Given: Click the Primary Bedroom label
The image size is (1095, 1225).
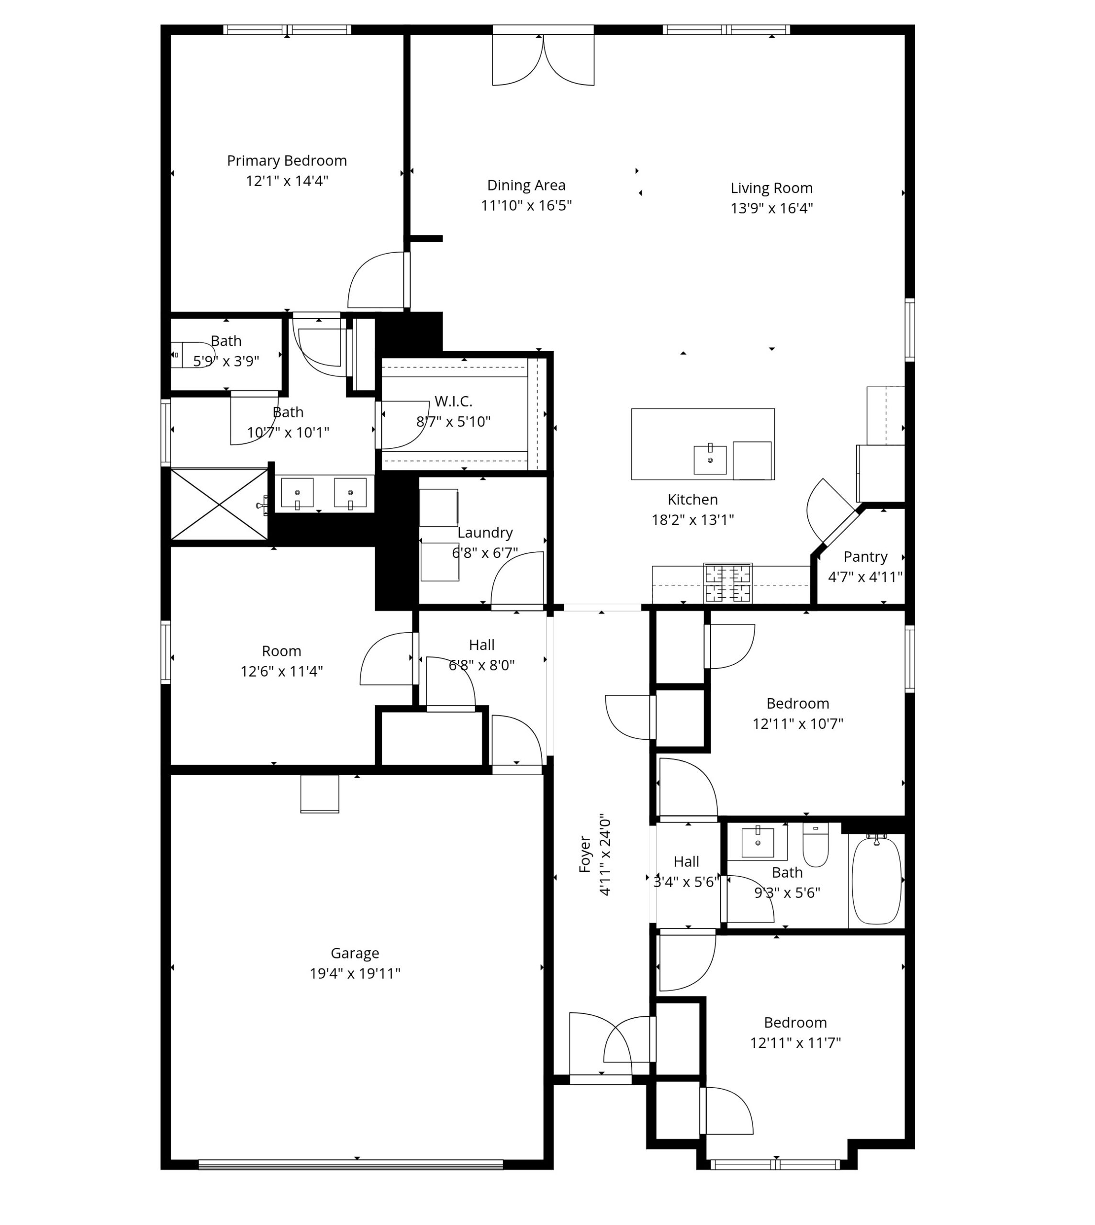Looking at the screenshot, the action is pos(287,161).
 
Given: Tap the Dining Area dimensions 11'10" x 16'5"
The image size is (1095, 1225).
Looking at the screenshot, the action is pos(526,206).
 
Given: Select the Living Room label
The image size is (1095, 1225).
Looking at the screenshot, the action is pos(772,189).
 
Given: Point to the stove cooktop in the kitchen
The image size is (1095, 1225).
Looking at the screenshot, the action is pos(728,582).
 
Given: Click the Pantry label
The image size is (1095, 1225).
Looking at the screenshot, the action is pos(865,557).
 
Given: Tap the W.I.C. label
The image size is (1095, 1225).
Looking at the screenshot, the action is pos(454,401).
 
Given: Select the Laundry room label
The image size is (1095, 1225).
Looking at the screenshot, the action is pos(485,533).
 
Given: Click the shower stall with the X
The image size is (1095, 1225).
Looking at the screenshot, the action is pos(220,504).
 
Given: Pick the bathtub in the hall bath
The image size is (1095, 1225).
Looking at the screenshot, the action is pos(877,881).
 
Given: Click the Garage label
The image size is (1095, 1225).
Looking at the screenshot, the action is pos(355,954).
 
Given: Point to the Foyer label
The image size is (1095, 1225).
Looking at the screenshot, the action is pos(585,854).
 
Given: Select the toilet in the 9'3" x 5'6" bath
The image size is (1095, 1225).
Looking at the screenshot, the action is pos(816,845).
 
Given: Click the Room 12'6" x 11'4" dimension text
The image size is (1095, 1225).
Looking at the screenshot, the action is pos(281,671).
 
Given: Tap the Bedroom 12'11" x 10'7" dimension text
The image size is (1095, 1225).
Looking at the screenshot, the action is pos(798,724).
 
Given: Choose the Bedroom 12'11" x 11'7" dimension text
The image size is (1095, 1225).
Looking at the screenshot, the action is pos(795,1043).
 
